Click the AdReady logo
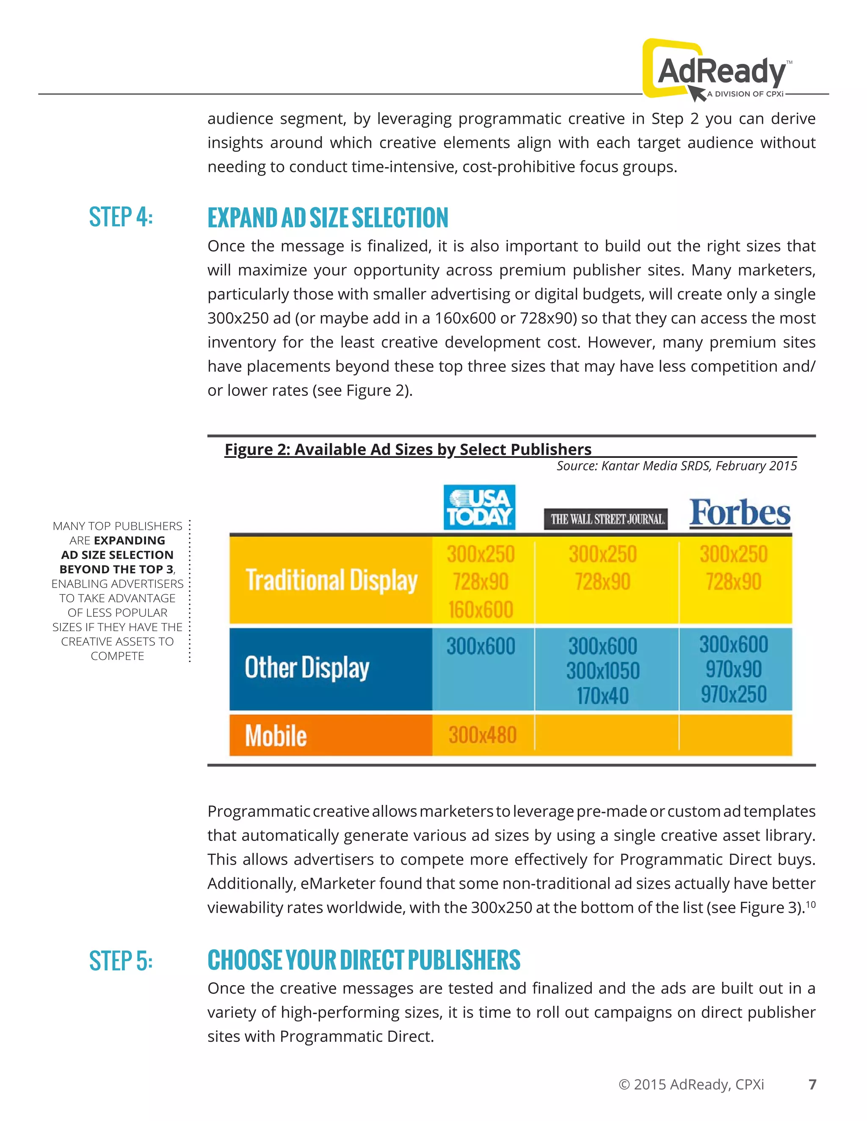click(x=718, y=71)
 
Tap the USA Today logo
click(x=479, y=507)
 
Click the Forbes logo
click(x=740, y=513)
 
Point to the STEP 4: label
click(x=121, y=217)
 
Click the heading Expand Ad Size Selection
click(x=328, y=217)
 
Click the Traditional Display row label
click(x=331, y=580)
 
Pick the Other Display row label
click(x=306, y=668)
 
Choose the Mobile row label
click(x=276, y=736)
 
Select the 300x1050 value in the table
click(x=602, y=671)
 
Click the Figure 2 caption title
click(x=408, y=450)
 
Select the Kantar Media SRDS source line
click(x=676, y=466)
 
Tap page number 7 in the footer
click(x=812, y=1085)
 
